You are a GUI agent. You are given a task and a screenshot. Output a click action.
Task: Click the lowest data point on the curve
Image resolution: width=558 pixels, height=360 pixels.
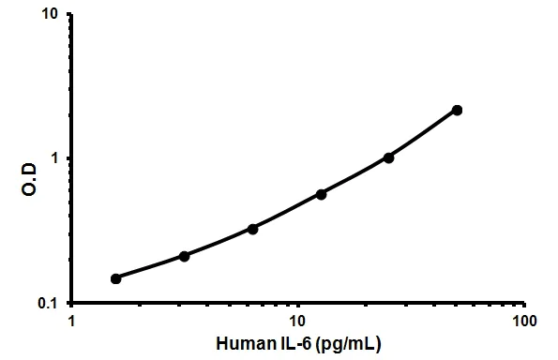click(x=115, y=278)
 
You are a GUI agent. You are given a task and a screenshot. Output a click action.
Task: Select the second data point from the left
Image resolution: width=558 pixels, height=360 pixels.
click(x=184, y=256)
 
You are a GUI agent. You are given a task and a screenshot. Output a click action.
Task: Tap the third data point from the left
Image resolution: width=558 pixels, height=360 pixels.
click(x=252, y=229)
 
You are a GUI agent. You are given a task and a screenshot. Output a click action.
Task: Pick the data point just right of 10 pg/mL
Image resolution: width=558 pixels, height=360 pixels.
click(x=321, y=194)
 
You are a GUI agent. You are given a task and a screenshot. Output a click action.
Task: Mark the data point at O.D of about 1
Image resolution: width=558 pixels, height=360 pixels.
click(x=389, y=157)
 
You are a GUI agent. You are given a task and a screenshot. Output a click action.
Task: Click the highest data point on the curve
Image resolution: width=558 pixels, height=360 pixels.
click(x=457, y=110)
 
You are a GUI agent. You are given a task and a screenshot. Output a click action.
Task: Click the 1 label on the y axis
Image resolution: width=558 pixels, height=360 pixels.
click(x=58, y=158)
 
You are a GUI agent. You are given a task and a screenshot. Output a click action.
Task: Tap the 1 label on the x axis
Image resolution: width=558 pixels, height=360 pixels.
click(x=72, y=321)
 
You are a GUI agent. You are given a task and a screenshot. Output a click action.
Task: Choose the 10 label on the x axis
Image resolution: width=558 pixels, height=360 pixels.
click(x=298, y=321)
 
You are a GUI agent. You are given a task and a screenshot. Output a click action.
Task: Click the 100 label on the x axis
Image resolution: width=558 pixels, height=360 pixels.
click(x=524, y=321)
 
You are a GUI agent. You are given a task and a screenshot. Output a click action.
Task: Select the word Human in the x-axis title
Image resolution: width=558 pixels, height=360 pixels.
click(x=242, y=343)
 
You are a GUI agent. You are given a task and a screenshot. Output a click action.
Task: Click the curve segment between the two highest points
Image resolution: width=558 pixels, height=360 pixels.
click(x=424, y=134)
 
